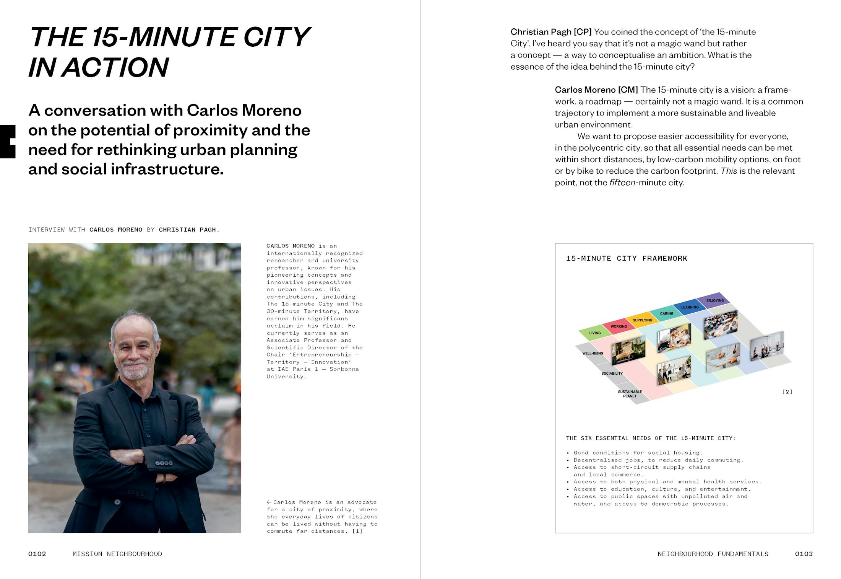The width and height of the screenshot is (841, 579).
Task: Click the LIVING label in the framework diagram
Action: click(x=595, y=333)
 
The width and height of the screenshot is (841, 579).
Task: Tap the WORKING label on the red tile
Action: click(x=619, y=326)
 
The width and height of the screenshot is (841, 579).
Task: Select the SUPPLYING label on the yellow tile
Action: click(x=642, y=320)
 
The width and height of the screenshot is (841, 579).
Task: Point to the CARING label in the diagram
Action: click(x=667, y=313)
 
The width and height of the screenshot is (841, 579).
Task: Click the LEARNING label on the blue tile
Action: click(x=690, y=307)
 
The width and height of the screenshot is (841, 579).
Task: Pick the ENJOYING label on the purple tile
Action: click(x=715, y=300)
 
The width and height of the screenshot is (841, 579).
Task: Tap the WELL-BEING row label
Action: click(x=593, y=353)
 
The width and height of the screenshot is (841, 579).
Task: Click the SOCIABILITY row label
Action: click(x=612, y=373)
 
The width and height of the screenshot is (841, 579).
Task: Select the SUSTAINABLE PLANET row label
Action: click(x=630, y=394)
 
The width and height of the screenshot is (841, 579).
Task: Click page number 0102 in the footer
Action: click(x=37, y=554)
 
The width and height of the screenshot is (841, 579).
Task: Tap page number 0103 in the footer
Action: click(x=804, y=554)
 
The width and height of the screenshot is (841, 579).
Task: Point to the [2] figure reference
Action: click(x=787, y=392)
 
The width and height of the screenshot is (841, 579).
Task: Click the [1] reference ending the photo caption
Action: click(x=357, y=531)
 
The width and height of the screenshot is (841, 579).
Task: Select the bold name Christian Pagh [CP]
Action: click(x=551, y=32)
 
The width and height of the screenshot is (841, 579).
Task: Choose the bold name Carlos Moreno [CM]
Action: click(x=596, y=90)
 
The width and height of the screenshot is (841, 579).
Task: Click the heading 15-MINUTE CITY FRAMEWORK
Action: click(x=627, y=259)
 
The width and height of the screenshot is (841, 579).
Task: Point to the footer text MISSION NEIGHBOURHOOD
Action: click(x=117, y=554)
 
